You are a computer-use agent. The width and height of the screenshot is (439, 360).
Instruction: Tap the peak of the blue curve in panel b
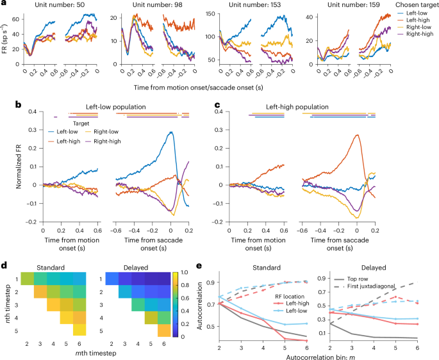click(x=171, y=132)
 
